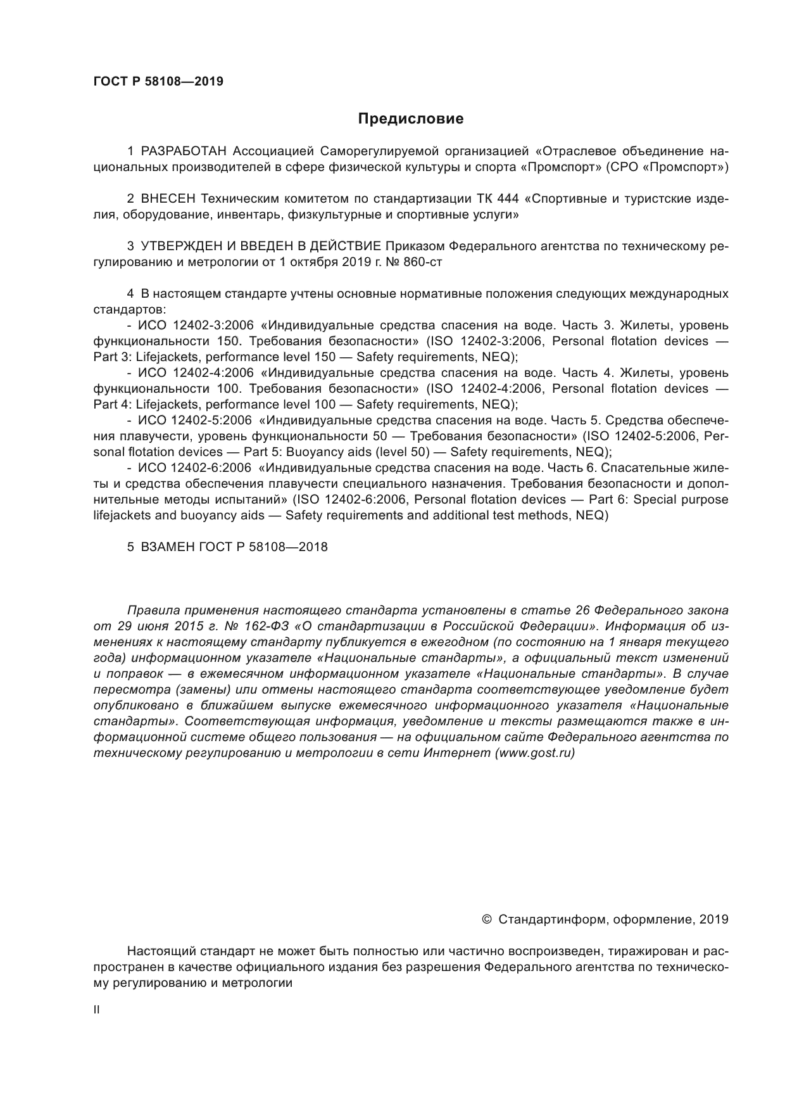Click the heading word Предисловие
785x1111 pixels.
tap(410, 119)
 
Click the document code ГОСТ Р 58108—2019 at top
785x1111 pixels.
tap(158, 82)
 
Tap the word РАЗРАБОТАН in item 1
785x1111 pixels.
tap(184, 151)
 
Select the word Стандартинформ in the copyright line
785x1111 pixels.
tap(550, 919)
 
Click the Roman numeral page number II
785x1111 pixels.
tap(96, 1010)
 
